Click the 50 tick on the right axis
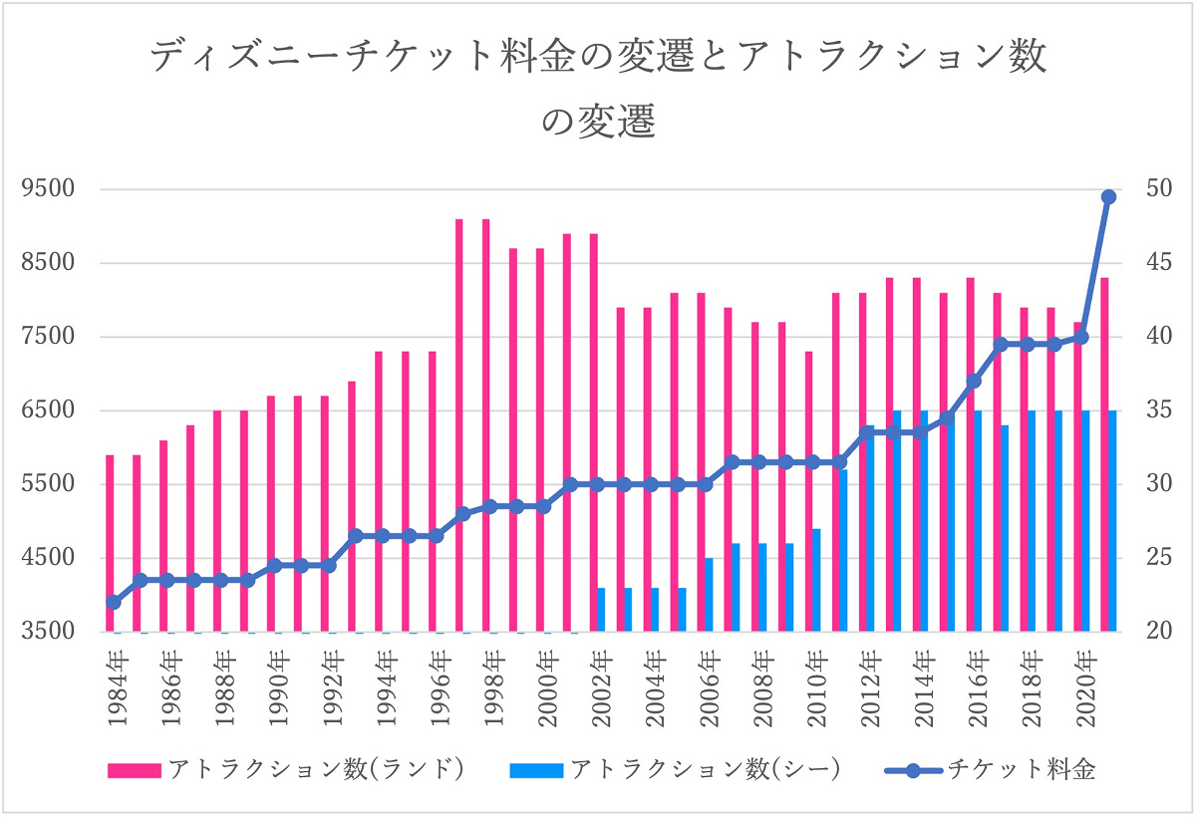tap(1144, 189)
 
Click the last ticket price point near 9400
tap(1108, 197)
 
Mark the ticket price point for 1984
tap(113, 602)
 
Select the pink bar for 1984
tap(110, 543)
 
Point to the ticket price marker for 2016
tap(974, 381)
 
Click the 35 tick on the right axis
tap(1144, 410)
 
